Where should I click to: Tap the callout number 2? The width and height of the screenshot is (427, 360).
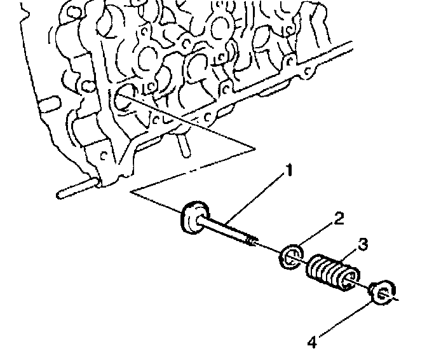(x=338, y=219)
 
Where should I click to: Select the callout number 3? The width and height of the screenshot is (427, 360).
(x=362, y=244)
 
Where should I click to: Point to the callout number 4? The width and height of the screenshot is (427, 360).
(x=311, y=342)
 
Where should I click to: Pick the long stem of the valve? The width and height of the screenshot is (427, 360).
(x=226, y=229)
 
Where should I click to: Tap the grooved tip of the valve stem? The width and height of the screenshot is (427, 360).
(x=253, y=240)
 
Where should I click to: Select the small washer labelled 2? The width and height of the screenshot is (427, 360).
(x=289, y=257)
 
